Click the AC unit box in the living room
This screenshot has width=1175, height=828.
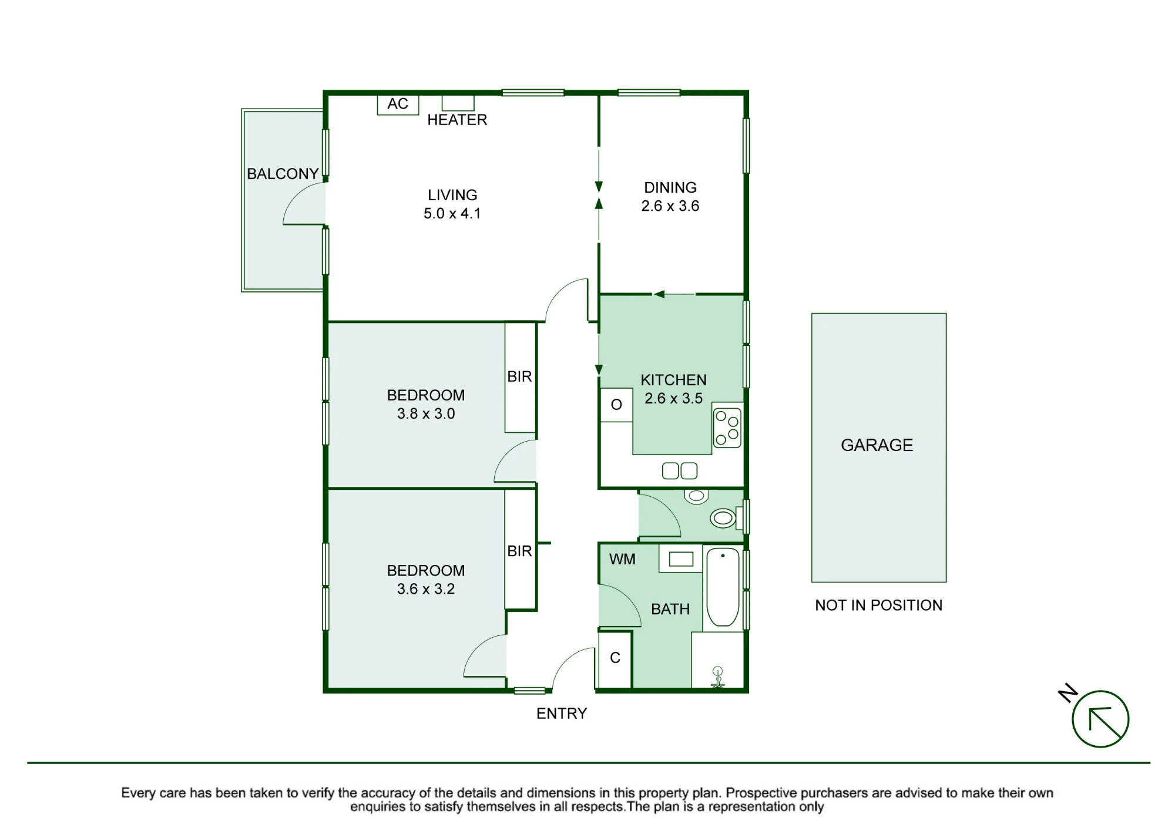(398, 105)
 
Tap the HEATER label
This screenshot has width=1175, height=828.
(457, 120)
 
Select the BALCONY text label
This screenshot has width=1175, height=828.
(283, 174)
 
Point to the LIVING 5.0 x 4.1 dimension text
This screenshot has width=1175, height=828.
(452, 213)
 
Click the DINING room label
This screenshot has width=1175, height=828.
(670, 187)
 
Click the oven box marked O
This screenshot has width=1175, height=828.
(616, 405)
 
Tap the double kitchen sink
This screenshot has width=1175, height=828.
(680, 471)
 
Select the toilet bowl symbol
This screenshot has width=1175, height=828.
(723, 518)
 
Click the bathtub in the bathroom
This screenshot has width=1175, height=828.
(723, 587)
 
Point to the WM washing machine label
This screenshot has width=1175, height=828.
(622, 559)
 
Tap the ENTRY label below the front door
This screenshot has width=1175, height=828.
(562, 713)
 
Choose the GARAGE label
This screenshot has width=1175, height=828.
(877, 445)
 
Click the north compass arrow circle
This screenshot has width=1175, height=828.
(1100, 719)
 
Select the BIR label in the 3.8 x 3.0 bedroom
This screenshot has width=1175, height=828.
(519, 376)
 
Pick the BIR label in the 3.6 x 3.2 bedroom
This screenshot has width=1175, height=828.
(519, 551)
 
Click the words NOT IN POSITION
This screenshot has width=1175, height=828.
(878, 605)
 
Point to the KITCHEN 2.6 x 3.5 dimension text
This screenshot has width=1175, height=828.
(673, 398)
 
